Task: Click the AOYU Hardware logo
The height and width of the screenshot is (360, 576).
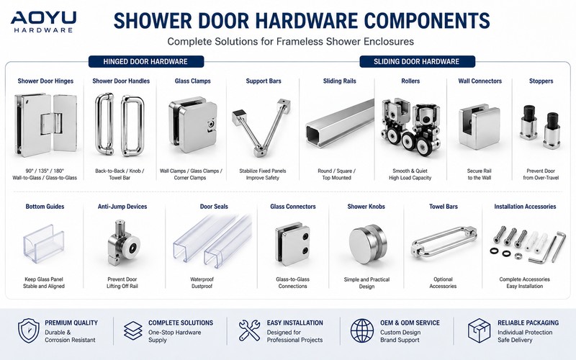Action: (43, 22)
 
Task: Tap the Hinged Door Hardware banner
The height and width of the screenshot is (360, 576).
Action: (146, 61)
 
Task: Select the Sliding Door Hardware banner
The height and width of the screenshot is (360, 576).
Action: (417, 61)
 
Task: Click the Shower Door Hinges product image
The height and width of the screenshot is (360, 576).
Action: (45, 125)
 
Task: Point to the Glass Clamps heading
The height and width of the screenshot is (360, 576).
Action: (192, 81)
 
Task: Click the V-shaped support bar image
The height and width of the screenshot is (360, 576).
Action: (261, 127)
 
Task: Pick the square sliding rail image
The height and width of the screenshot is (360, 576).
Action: (340, 123)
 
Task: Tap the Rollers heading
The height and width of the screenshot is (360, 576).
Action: (410, 81)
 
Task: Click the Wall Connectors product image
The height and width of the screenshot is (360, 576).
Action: (479, 127)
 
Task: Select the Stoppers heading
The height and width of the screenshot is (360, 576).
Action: (541, 81)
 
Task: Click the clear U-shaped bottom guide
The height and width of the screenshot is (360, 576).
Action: (44, 244)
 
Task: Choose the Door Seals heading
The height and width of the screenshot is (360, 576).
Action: (214, 207)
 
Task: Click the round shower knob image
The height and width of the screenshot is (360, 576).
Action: (367, 244)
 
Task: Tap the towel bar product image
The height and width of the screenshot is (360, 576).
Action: (444, 243)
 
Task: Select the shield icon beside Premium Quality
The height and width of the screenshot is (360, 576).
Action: (29, 330)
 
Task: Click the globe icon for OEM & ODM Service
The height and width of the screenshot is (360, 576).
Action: (362, 330)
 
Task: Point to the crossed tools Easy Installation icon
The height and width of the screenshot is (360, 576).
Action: (249, 330)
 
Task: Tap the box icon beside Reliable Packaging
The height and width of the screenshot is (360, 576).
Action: (479, 330)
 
